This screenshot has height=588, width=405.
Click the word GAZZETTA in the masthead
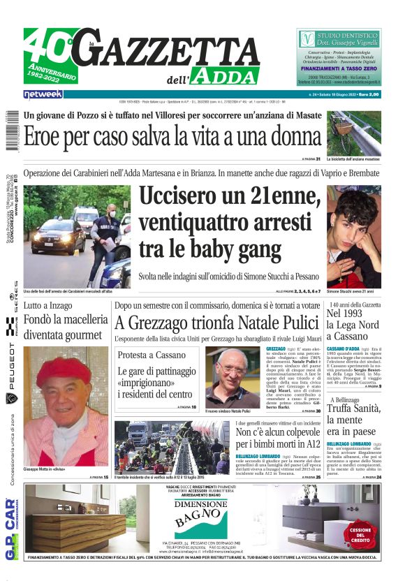pyautogui.click(x=175, y=50)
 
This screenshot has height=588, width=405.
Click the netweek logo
pyautogui.click(x=43, y=94)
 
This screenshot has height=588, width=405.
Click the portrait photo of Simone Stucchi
pyautogui.click(x=353, y=235)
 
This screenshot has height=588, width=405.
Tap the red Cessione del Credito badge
pyautogui.click(x=360, y=532)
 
